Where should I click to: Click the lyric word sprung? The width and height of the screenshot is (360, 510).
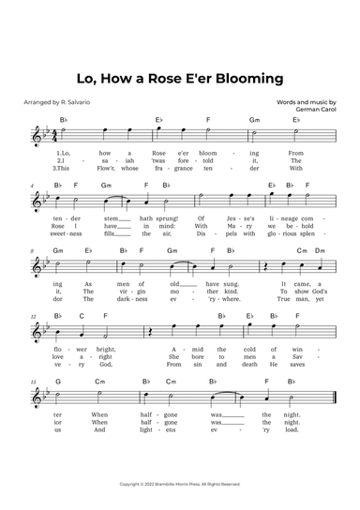(x=172, y=217)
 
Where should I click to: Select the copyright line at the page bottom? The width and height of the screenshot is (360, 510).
(x=180, y=484)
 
